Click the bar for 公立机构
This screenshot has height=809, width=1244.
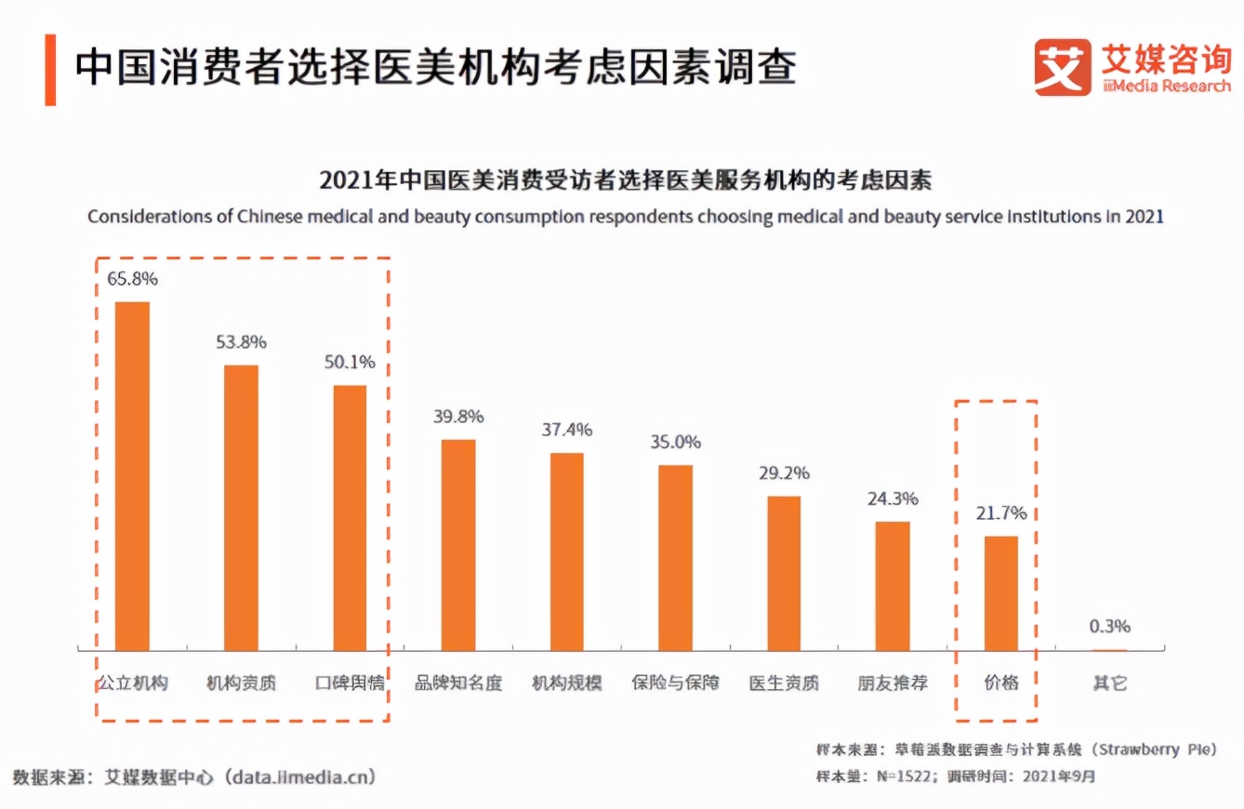[132, 476]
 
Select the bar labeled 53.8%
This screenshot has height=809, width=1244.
[241, 508]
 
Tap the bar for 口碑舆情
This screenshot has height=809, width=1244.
[350, 518]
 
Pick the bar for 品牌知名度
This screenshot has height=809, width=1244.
[458, 545]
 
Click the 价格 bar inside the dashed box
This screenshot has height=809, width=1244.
[1001, 593]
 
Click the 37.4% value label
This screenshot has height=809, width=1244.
[566, 430]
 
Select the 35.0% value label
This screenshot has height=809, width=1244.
[675, 442]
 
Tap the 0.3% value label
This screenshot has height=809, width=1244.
[1110, 627]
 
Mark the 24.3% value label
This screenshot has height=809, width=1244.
[893, 498]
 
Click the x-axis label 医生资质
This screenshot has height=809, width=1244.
[784, 683]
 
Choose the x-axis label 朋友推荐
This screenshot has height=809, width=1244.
[893, 683]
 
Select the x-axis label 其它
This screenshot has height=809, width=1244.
[1110, 683]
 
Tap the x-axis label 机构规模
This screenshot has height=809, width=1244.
[566, 683]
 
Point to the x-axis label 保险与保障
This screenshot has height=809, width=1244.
[675, 683]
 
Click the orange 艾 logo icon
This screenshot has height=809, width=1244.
[1063, 68]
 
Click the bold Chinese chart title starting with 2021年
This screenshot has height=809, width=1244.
[625, 179]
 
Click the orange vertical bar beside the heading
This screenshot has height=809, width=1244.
[50, 70]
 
